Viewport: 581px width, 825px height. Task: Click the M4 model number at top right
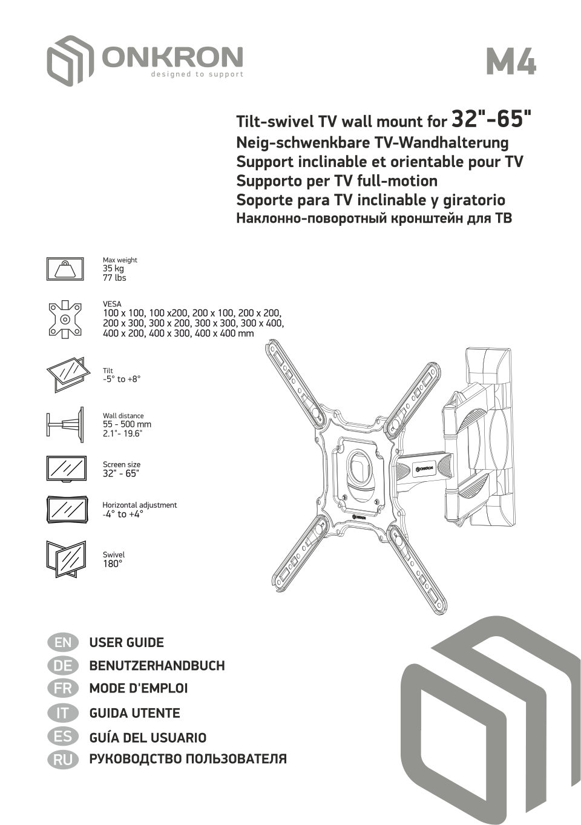click(x=511, y=62)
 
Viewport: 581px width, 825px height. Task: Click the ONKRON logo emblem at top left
click(x=70, y=60)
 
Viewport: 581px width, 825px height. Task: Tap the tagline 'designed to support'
click(x=197, y=74)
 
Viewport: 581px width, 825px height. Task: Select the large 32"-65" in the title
click(x=493, y=119)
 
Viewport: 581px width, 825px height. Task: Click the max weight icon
click(x=65, y=269)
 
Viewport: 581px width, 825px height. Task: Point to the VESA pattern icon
click(x=65, y=319)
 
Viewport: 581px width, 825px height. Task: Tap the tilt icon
click(x=65, y=375)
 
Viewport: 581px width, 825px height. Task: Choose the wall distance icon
click(x=65, y=424)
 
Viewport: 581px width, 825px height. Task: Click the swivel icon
click(x=65, y=559)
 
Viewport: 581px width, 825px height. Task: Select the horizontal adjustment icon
click(x=65, y=510)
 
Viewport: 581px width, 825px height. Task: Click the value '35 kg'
click(x=113, y=269)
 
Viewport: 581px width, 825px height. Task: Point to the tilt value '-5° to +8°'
click(x=122, y=380)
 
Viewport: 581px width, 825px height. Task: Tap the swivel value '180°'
click(x=113, y=564)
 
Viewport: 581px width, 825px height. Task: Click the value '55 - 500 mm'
click(x=127, y=424)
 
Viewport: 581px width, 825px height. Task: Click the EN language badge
click(x=62, y=642)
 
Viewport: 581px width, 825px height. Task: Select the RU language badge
click(x=62, y=760)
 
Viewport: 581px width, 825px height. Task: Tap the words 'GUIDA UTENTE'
click(x=134, y=713)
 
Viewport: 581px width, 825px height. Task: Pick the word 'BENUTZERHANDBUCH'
click(x=157, y=666)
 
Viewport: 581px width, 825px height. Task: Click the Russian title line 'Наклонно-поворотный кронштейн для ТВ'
click(x=374, y=219)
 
